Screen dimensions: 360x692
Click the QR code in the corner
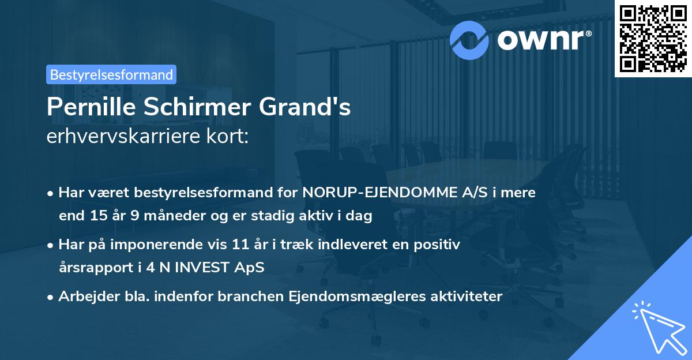[653, 38]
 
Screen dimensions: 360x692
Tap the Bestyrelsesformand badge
[111, 74]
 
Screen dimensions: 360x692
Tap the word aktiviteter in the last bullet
[467, 297]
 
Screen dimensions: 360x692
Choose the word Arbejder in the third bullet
[85, 297]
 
